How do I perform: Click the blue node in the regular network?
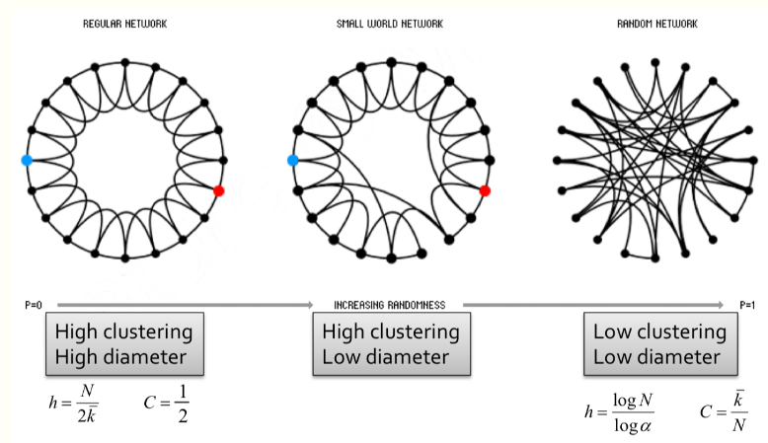click(27, 159)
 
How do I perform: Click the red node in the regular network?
click(219, 190)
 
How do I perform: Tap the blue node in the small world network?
click(292, 160)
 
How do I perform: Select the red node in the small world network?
click(485, 190)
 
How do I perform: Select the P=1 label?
click(746, 305)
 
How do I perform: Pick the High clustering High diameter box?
click(124, 343)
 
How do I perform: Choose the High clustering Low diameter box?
click(391, 343)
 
